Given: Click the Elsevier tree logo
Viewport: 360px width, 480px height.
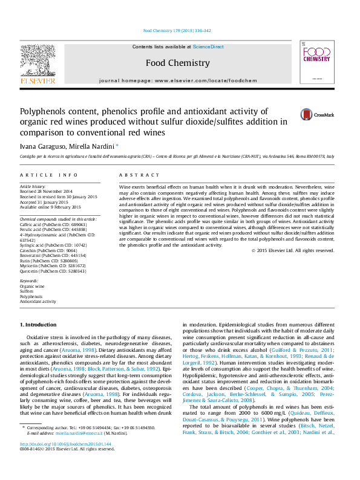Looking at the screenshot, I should pyautogui.click(x=38, y=62).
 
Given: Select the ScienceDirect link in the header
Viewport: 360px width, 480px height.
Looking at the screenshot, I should pyautogui.click(x=208, y=47).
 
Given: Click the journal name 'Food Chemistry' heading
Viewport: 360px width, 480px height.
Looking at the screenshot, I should pyautogui.click(x=178, y=63).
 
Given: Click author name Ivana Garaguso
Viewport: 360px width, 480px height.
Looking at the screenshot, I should pyautogui.click(x=40, y=146).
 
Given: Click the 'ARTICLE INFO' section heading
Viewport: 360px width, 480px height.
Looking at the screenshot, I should pyautogui.click(x=49, y=175).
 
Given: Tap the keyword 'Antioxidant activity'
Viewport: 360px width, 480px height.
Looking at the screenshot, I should pyautogui.click(x=38, y=301).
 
